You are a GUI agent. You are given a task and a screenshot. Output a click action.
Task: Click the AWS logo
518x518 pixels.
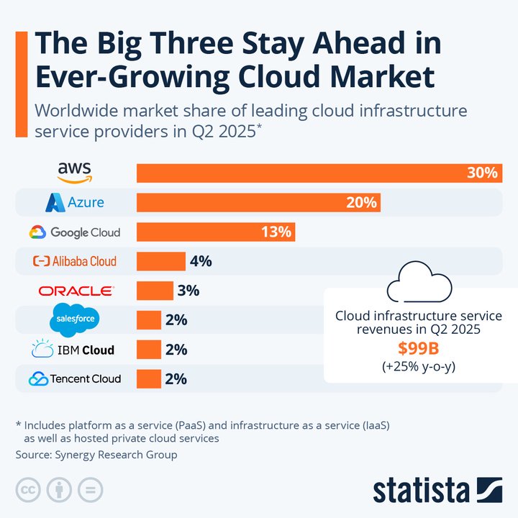tap(75, 172)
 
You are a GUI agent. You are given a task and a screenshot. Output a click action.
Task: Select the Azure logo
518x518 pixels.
tap(75, 203)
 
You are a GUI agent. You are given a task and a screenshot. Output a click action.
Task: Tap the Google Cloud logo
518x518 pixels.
tap(75, 232)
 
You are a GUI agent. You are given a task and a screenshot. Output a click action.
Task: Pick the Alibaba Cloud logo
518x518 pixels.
tap(75, 261)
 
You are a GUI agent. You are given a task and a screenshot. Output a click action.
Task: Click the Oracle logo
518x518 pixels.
tap(76, 291)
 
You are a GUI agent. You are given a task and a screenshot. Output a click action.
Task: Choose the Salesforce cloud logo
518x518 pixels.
tap(75, 319)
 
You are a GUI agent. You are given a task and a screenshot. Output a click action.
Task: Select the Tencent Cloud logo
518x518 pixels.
tap(75, 378)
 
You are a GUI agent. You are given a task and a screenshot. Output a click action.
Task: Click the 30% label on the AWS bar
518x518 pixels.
tap(481, 173)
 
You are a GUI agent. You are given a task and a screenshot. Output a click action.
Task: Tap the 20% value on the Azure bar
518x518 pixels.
tap(361, 203)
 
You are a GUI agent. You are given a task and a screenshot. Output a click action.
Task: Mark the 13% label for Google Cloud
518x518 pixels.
tap(276, 232)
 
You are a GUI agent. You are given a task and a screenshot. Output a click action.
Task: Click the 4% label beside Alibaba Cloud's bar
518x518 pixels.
tap(201, 261)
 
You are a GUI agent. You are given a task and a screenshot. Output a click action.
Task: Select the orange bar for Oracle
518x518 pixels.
tap(155, 291)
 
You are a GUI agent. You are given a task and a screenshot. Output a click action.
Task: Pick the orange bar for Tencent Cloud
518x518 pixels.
tap(149, 378)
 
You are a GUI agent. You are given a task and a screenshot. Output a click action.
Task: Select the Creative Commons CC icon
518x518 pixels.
tap(29, 490)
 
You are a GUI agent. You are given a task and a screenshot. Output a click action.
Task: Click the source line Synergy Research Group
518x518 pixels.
tap(96, 455)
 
